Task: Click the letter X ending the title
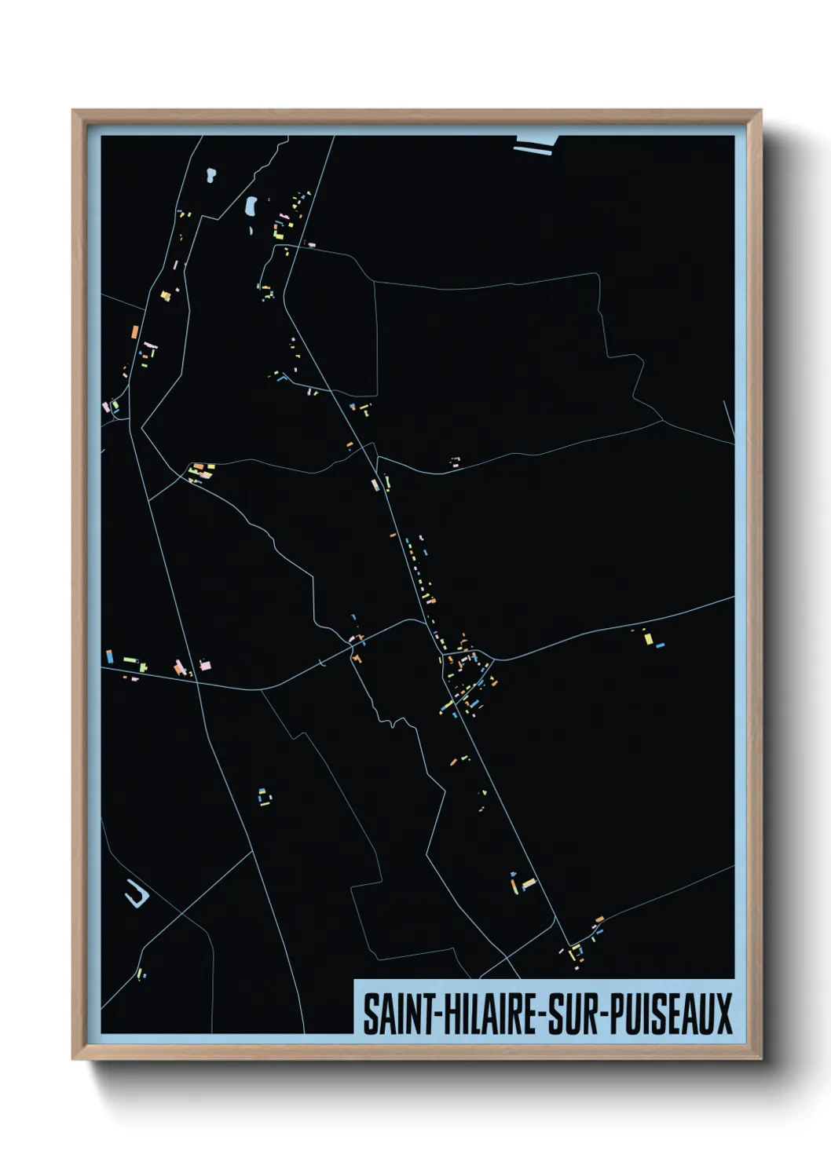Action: [723, 1014]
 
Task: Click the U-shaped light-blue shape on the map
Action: [137, 895]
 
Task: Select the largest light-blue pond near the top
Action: [251, 206]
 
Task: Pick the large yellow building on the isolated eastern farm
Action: [649, 638]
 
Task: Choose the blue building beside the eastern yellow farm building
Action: [661, 645]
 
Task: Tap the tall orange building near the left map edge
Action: [135, 331]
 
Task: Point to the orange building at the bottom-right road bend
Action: [599, 919]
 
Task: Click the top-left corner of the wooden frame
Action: [74, 111]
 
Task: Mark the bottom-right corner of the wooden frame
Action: [760, 1058]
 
